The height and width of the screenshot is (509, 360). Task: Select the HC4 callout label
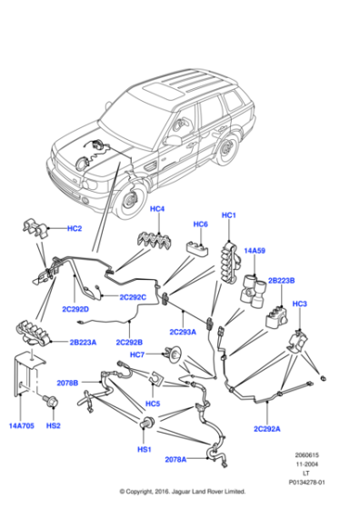click(x=157, y=210)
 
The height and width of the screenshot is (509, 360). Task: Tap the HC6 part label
click(x=200, y=224)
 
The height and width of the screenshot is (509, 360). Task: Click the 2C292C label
click(x=131, y=296)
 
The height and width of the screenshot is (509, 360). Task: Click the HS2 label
click(x=55, y=424)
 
